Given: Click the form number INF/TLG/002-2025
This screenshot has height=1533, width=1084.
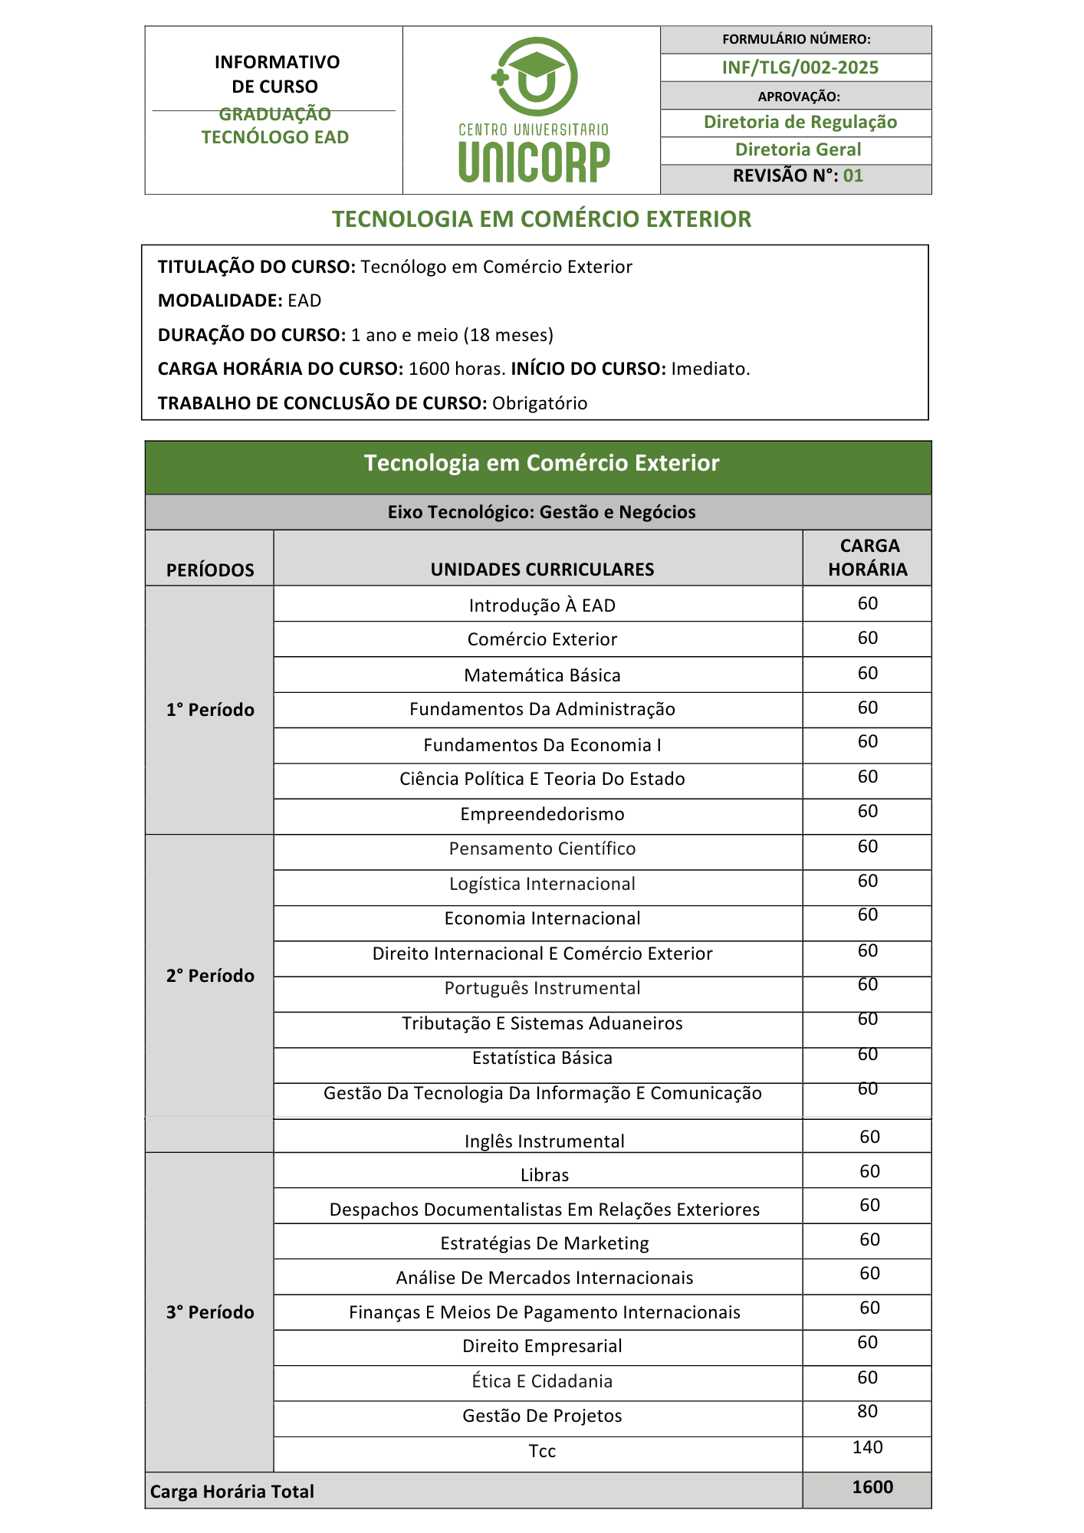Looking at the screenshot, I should [x=800, y=67].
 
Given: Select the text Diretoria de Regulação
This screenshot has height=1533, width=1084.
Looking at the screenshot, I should [x=800, y=122].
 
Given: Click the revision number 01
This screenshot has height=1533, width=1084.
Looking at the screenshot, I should [x=852, y=176].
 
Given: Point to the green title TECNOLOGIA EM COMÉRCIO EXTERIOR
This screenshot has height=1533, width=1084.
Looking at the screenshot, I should [x=541, y=219].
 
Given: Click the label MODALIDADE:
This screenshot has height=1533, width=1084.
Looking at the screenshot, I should [x=220, y=300].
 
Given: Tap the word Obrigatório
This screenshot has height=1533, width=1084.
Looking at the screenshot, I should [x=540, y=403].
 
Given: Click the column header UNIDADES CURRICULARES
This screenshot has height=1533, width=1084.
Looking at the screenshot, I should [x=542, y=570].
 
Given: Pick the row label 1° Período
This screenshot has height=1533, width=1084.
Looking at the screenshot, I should [x=210, y=710].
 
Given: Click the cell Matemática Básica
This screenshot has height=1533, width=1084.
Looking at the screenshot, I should [x=542, y=675].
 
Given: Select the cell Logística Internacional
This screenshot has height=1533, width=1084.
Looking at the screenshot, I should [x=542, y=884].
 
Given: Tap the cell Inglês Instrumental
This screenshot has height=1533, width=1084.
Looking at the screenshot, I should [x=544, y=1141].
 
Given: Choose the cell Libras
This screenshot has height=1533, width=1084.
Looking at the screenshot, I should [x=544, y=1175].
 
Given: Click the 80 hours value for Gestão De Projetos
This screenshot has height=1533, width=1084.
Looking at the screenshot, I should [x=867, y=1411].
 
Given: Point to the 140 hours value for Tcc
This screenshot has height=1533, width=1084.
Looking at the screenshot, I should [x=867, y=1447].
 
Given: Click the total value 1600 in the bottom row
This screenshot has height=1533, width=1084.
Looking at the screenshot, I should [x=872, y=1487].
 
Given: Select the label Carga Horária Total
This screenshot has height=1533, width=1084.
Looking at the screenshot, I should [x=232, y=1492].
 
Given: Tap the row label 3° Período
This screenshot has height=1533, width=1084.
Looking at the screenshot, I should [x=210, y=1312].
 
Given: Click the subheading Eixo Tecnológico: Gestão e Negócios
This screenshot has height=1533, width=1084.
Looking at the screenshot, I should [x=541, y=512].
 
